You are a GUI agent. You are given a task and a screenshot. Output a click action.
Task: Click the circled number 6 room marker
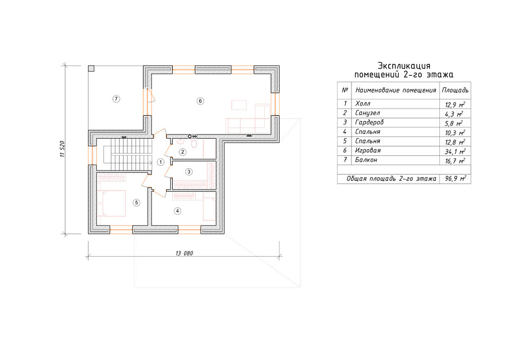coord(201,101)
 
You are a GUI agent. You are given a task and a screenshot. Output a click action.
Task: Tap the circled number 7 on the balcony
coord(116,99)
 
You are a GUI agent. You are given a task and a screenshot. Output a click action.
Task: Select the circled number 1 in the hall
coord(160,162)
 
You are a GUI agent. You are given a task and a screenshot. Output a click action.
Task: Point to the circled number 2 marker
coord(183,152)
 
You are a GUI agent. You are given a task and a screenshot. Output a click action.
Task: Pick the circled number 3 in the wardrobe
coord(189,172)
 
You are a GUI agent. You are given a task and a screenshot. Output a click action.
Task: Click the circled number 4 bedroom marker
coord(178,211)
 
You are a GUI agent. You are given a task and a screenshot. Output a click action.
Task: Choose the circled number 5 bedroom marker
coord(136,203)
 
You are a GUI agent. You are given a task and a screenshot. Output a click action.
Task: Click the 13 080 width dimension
coord(184,253)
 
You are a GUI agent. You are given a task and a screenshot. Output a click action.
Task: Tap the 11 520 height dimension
coord(63,149)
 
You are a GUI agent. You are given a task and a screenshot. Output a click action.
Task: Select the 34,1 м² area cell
coord(455,152)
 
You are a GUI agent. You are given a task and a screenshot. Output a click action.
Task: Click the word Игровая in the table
coord(367,150)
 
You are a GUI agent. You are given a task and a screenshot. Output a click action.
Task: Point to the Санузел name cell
coord(367,113)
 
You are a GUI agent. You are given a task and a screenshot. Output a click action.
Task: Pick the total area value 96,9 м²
coord(455,178)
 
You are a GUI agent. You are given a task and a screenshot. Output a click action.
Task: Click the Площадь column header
coord(455,90)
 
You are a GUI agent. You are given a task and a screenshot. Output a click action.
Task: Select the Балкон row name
coord(366,160)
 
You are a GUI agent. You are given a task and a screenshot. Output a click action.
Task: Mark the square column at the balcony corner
coord(91,68)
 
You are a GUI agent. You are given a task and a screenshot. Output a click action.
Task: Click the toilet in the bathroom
coord(194,144)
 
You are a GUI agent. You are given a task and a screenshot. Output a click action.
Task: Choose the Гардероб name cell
coord(369,123)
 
